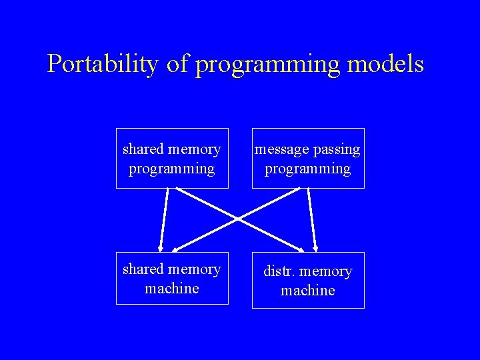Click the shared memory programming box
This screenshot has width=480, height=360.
[172, 159]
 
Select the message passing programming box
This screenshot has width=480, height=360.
[308, 159]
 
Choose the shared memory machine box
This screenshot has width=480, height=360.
[172, 278]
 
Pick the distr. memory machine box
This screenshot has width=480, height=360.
[308, 280]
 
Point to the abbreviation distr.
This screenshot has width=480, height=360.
[277, 271]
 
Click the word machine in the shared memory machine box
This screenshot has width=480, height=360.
[172, 288]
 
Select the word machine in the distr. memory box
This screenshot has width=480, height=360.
[308, 291]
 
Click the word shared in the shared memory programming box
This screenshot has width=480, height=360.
[143, 149]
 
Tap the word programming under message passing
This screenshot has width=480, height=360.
[308, 169]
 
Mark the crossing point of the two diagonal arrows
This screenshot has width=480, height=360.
[239, 218]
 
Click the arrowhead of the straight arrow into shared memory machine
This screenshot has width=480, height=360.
[161, 245]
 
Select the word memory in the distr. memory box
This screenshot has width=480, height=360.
[326, 271]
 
